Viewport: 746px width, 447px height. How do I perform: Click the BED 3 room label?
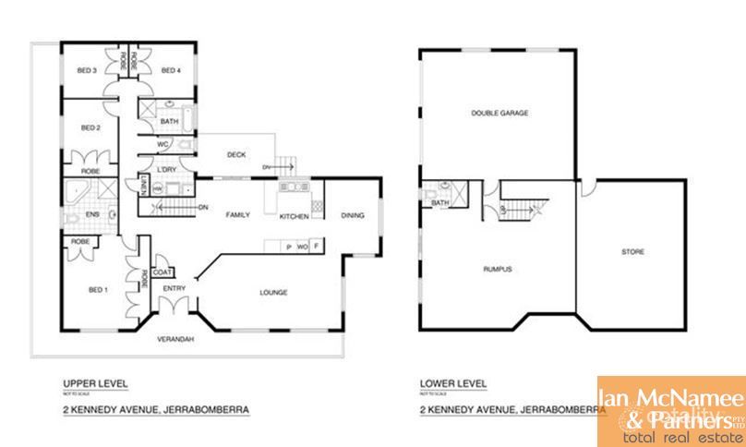88,70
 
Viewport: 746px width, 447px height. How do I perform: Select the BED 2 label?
90,127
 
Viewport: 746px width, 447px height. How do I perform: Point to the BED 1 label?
98,290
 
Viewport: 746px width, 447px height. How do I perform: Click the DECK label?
235,155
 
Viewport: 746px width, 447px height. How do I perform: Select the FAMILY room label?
239,215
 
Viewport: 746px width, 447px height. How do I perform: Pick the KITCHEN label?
295,216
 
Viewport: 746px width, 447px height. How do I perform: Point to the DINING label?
353,215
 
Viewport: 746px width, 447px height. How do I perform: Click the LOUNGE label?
273,294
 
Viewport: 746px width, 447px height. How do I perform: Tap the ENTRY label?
174,289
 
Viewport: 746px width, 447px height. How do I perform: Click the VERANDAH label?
174,338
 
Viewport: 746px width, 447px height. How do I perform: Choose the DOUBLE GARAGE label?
499,113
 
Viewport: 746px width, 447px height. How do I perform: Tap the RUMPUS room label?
497,269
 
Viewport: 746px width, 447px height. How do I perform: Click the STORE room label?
632,251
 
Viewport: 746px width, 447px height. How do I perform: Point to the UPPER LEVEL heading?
95,382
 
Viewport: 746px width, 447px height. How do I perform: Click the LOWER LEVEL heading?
452,382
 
